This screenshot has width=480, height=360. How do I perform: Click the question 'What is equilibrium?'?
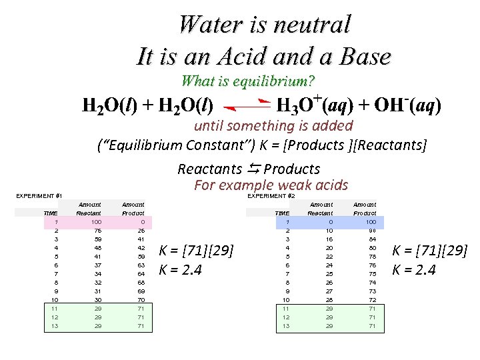click(248, 81)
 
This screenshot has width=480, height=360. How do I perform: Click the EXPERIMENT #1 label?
click(38, 196)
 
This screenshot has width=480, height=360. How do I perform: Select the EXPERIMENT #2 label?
click(271, 196)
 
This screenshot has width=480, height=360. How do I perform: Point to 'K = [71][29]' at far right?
click(429, 251)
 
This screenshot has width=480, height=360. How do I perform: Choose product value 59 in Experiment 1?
click(140, 256)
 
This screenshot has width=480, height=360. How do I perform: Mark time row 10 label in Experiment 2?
click(287, 299)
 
